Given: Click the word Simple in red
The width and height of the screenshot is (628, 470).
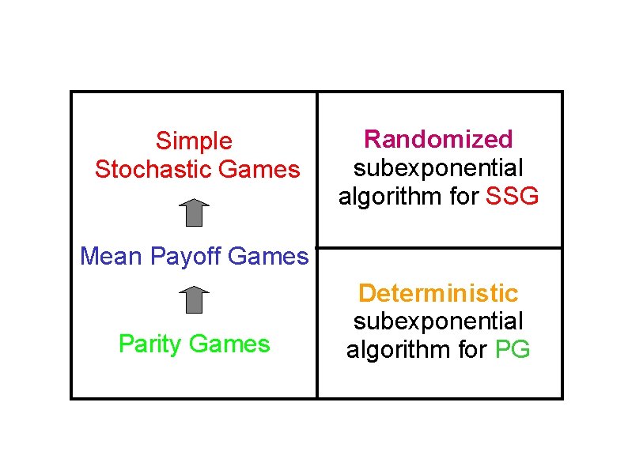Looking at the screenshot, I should pyautogui.click(x=194, y=141).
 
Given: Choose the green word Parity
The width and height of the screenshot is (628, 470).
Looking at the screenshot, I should pyautogui.click(x=151, y=344).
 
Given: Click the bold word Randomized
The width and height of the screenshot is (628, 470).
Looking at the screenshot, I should pyautogui.click(x=438, y=140).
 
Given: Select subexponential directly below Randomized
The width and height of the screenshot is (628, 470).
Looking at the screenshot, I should pyautogui.click(x=438, y=168).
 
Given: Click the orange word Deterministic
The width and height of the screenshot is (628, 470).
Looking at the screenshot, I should pyautogui.click(x=438, y=294).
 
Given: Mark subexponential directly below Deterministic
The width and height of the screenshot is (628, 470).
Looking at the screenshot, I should pyautogui.click(x=438, y=321).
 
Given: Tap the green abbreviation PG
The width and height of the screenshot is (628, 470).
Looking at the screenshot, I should pyautogui.click(x=513, y=349).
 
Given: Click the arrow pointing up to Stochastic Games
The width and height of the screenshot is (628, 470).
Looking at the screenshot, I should pyautogui.click(x=194, y=213).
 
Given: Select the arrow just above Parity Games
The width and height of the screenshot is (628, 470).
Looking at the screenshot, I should pyautogui.click(x=194, y=300).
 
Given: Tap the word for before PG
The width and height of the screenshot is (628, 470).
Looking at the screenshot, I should pyautogui.click(x=471, y=349).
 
